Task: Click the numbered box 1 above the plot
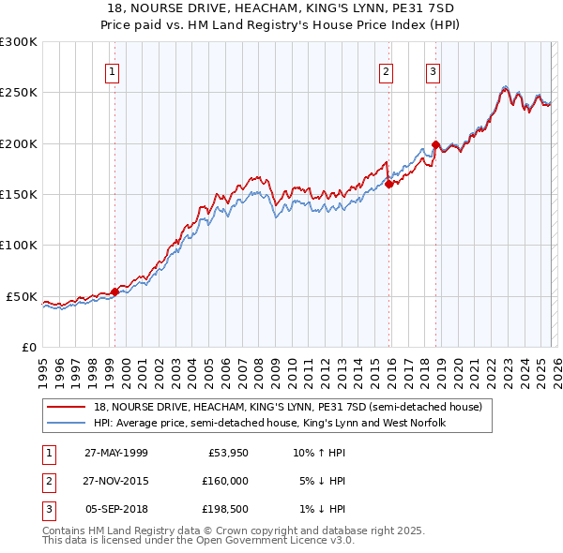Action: (112, 70)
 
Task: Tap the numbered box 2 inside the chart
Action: (386, 70)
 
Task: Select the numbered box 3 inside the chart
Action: (433, 70)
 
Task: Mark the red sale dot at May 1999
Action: (114, 291)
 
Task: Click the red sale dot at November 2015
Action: (388, 185)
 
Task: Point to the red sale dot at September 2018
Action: (434, 145)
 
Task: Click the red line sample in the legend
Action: (67, 408)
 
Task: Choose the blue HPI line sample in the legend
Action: (67, 424)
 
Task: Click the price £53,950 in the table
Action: (228, 453)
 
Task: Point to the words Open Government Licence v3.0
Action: (275, 541)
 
